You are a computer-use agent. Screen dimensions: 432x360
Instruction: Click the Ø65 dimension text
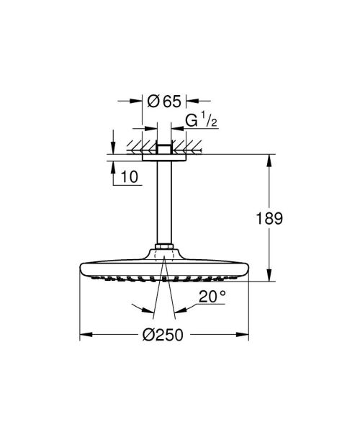[165, 101]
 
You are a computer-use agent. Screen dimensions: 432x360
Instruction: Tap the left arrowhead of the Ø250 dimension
[84, 335]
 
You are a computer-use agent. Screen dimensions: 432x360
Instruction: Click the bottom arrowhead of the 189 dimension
[270, 276]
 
